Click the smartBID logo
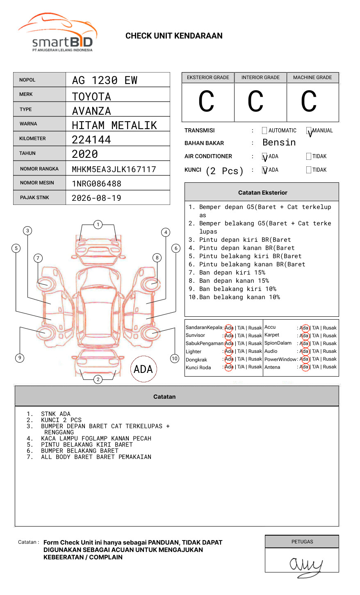[x=57, y=33]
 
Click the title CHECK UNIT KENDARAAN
[x=174, y=36]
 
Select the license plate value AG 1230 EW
[x=105, y=80]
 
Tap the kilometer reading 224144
[x=91, y=140]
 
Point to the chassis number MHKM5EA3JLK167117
[x=114, y=169]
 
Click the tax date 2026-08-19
[x=96, y=198]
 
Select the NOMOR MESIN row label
[x=37, y=183]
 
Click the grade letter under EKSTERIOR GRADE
[x=207, y=102]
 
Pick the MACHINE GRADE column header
[x=312, y=77]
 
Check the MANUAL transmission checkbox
[x=309, y=131]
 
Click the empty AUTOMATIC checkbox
[x=264, y=131]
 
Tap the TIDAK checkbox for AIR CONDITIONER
[x=309, y=157]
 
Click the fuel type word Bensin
[x=279, y=143]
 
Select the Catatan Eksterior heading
[x=262, y=193]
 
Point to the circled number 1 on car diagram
[x=98, y=225]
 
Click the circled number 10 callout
[x=175, y=359]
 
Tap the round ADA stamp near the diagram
[x=143, y=369]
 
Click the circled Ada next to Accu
[x=304, y=328]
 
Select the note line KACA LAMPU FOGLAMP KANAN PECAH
[x=96, y=438]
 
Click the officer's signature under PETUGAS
[x=305, y=565]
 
